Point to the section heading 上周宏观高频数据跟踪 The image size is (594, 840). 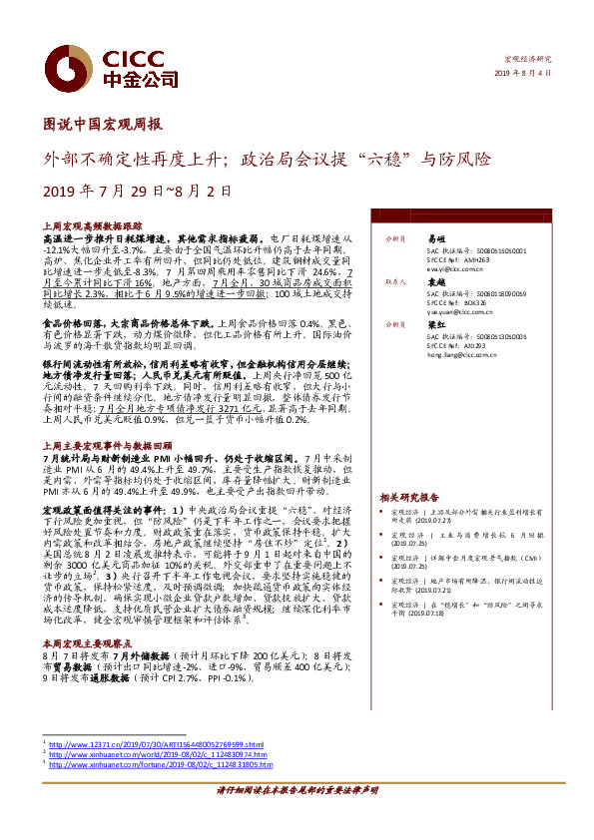click(x=87, y=227)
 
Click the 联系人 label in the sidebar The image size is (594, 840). click(x=382, y=282)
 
